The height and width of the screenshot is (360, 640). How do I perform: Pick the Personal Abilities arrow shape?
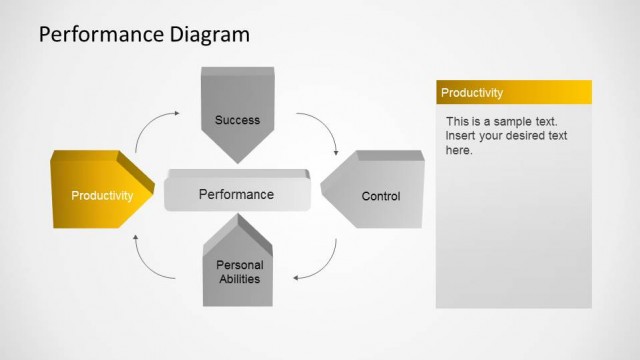[x=239, y=265]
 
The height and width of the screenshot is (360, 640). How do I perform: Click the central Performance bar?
[x=236, y=194]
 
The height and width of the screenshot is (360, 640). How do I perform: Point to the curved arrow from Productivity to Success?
[x=156, y=127]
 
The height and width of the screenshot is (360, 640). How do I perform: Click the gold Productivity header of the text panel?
[x=513, y=93]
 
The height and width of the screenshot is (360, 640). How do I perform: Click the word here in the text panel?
[x=459, y=150]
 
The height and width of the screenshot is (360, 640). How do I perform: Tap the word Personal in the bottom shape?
[x=239, y=265]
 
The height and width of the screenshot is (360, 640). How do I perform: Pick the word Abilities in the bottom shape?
[x=239, y=279]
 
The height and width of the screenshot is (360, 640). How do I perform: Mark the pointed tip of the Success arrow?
[x=237, y=161]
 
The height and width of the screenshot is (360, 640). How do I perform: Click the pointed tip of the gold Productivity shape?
[x=158, y=190]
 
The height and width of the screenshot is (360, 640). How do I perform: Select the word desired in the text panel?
[x=535, y=135]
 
